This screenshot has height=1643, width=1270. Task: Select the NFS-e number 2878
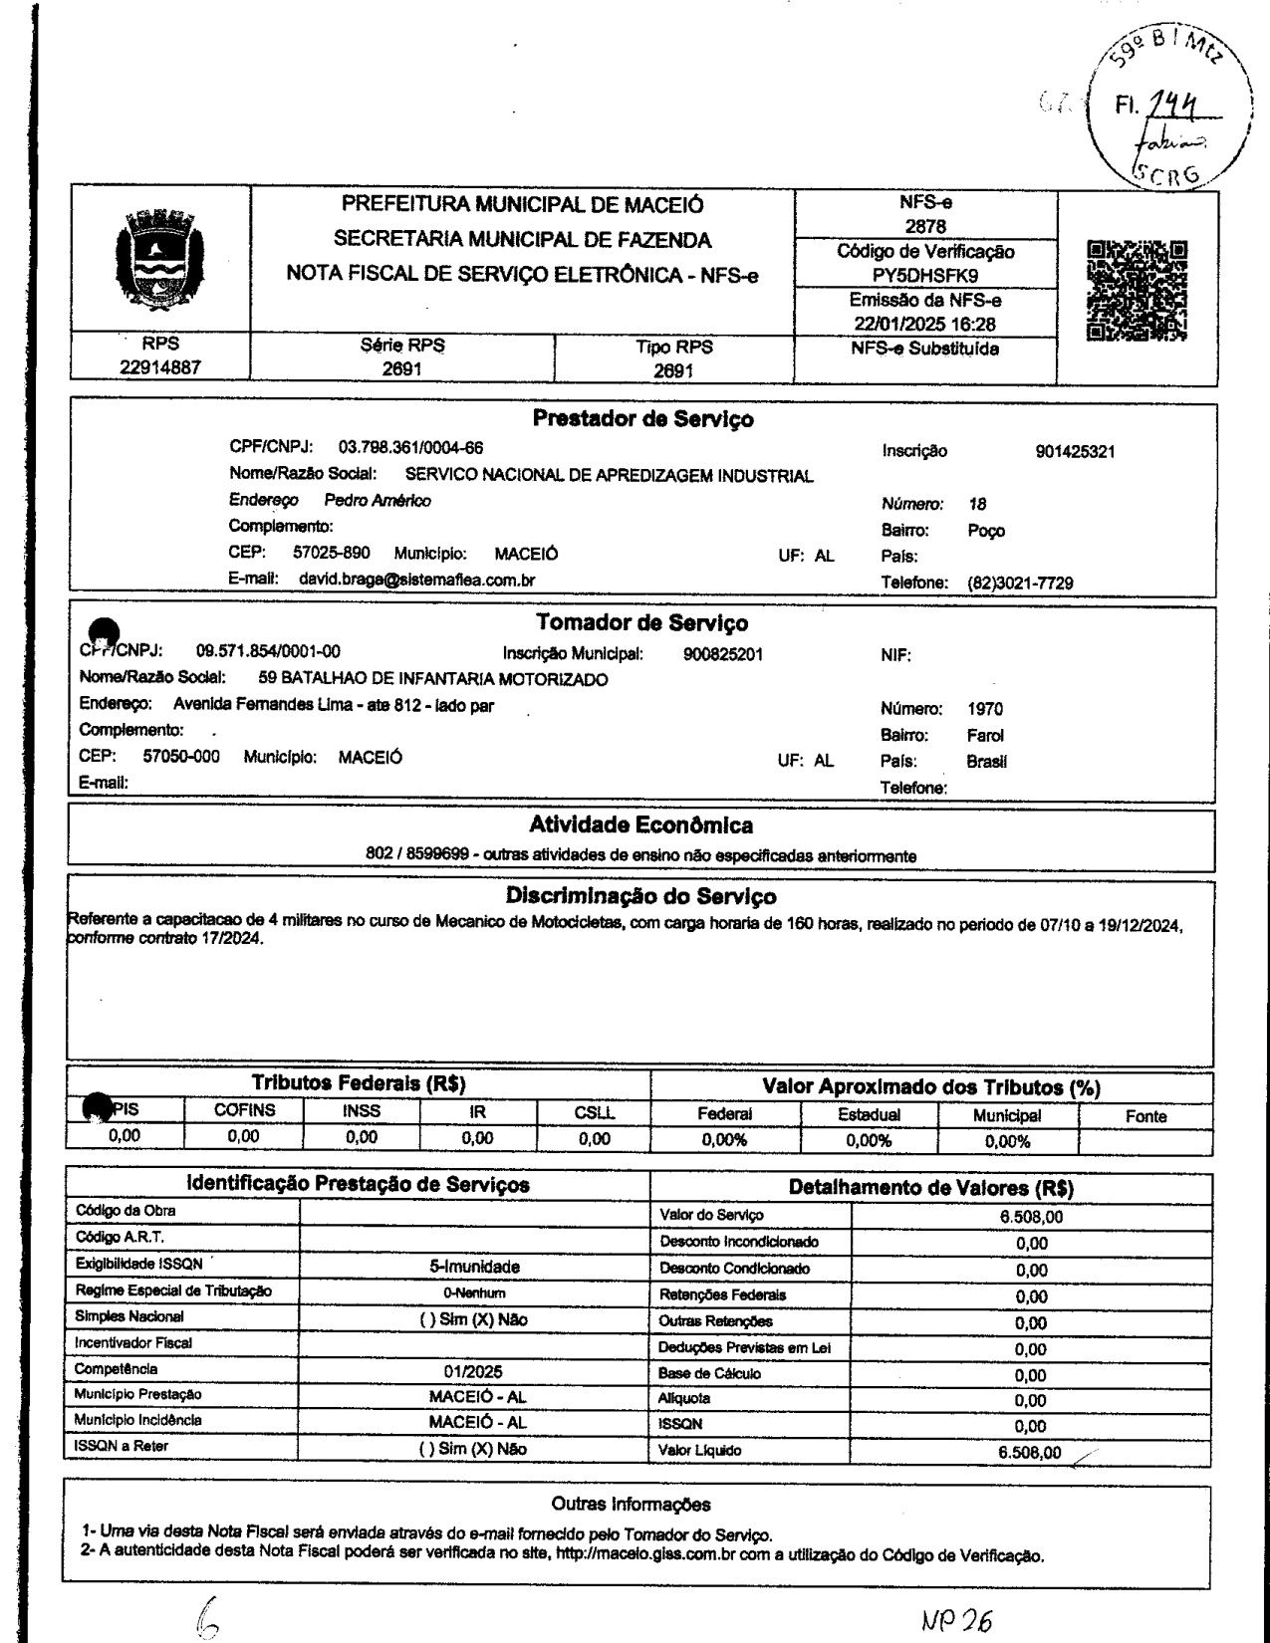[926, 227]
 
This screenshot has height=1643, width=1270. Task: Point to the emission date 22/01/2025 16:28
[926, 324]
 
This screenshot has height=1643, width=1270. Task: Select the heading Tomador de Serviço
[641, 623]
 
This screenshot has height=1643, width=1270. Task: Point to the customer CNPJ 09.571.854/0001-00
[268, 651]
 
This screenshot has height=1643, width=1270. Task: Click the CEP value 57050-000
[181, 757]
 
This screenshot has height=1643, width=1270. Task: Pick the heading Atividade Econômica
[640, 825]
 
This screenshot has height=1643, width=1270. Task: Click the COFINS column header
[245, 1110]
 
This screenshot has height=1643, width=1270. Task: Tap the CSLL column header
[594, 1113]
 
